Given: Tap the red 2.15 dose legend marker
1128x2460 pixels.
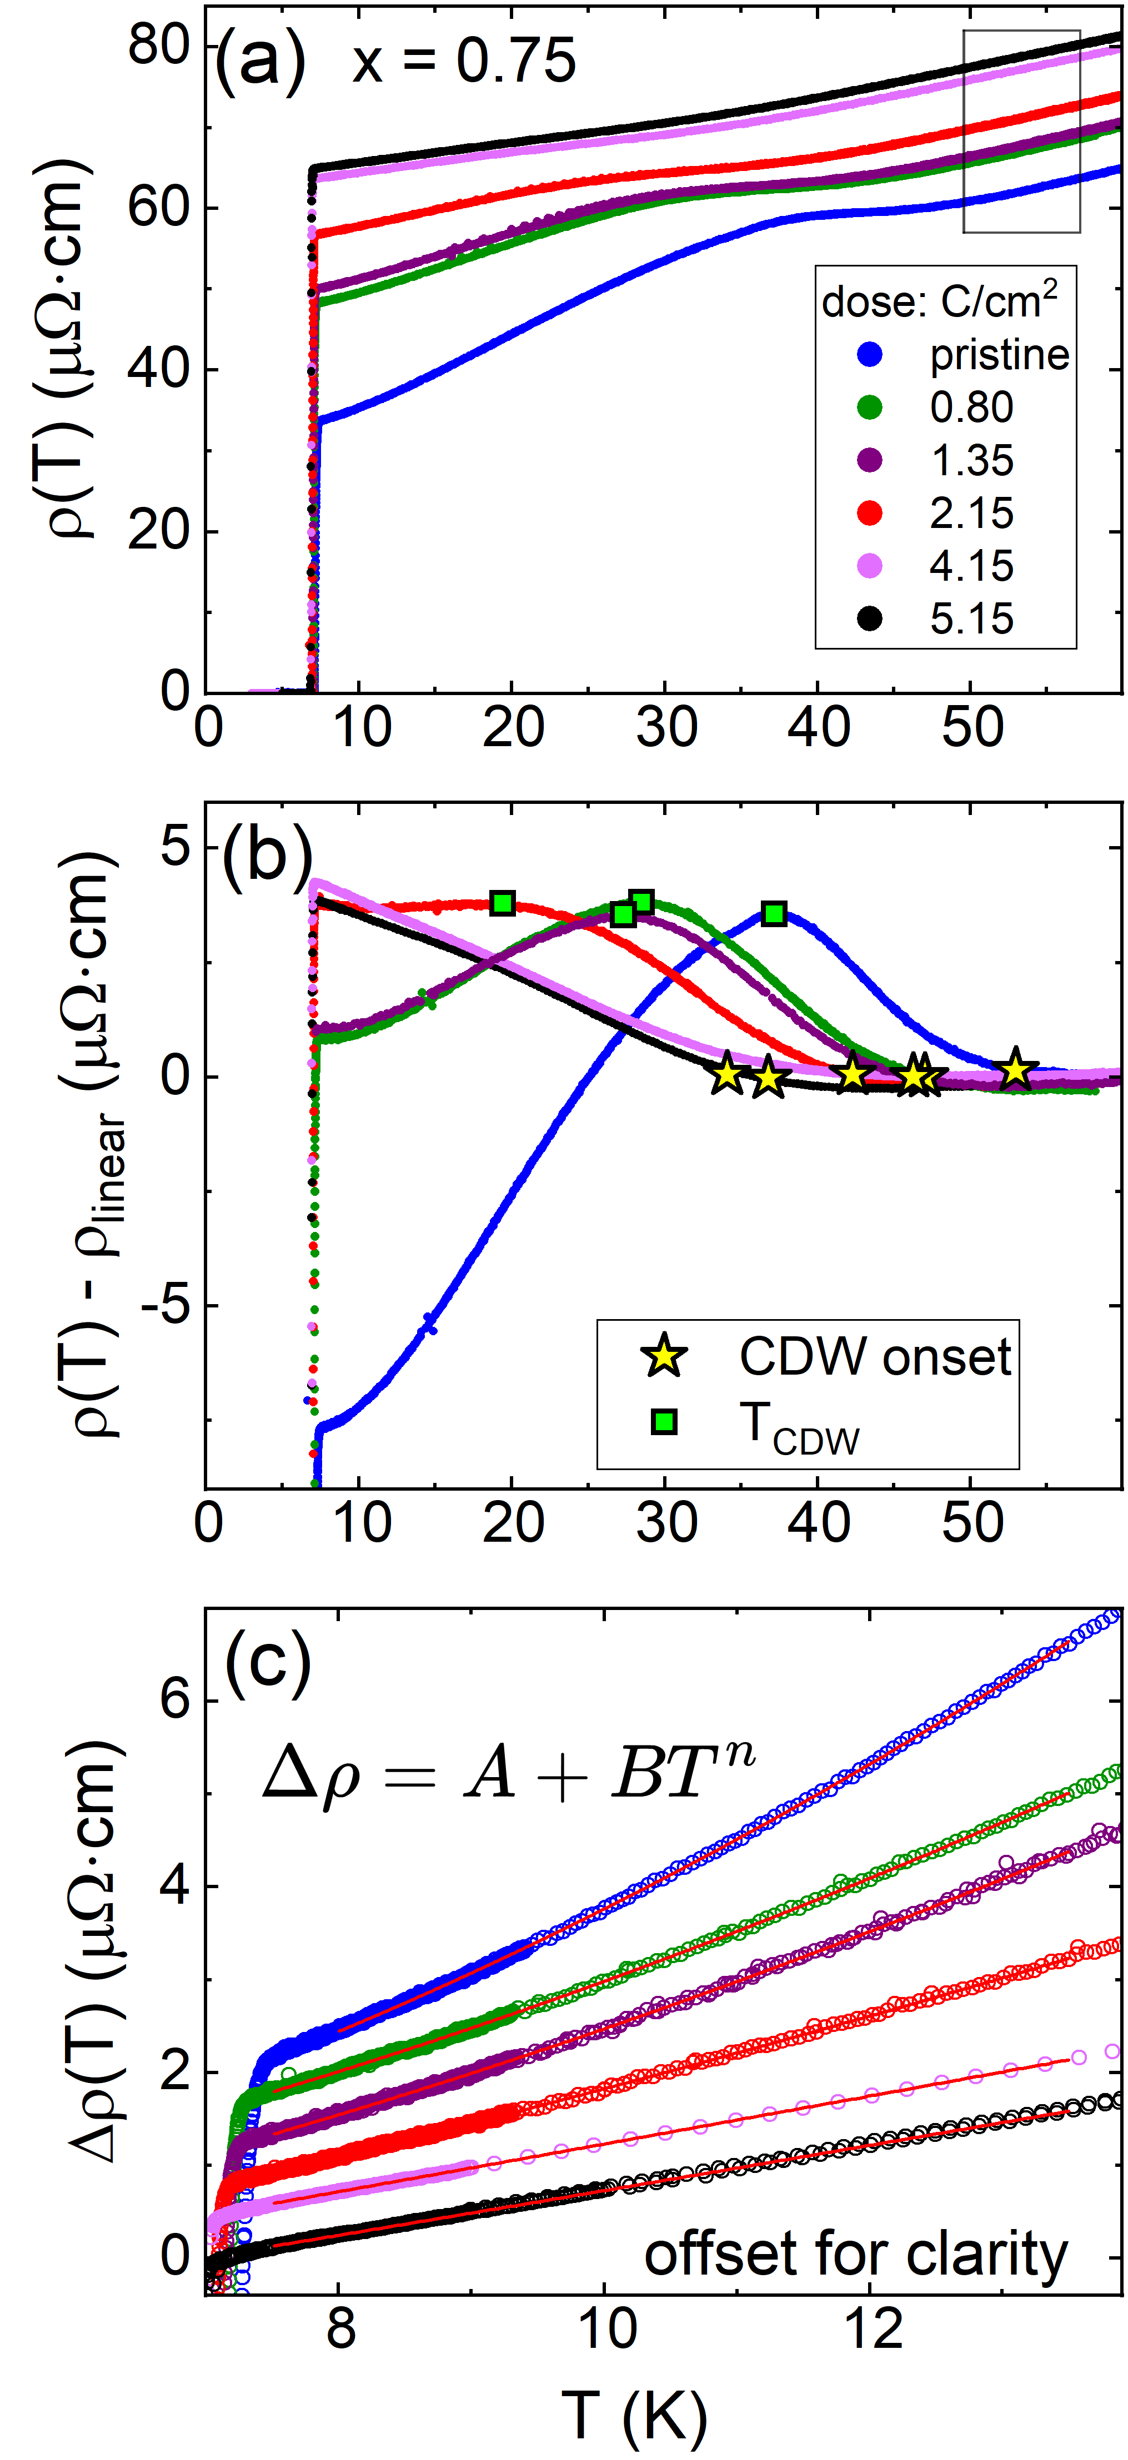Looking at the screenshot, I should coord(869,514).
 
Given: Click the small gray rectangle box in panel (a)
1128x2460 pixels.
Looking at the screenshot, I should coord(1021,132).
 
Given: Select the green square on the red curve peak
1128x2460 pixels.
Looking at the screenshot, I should coord(503,903).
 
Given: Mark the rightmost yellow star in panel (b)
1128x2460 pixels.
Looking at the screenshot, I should coord(1015,1070).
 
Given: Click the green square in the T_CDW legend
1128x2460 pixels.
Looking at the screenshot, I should coord(664,1422).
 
